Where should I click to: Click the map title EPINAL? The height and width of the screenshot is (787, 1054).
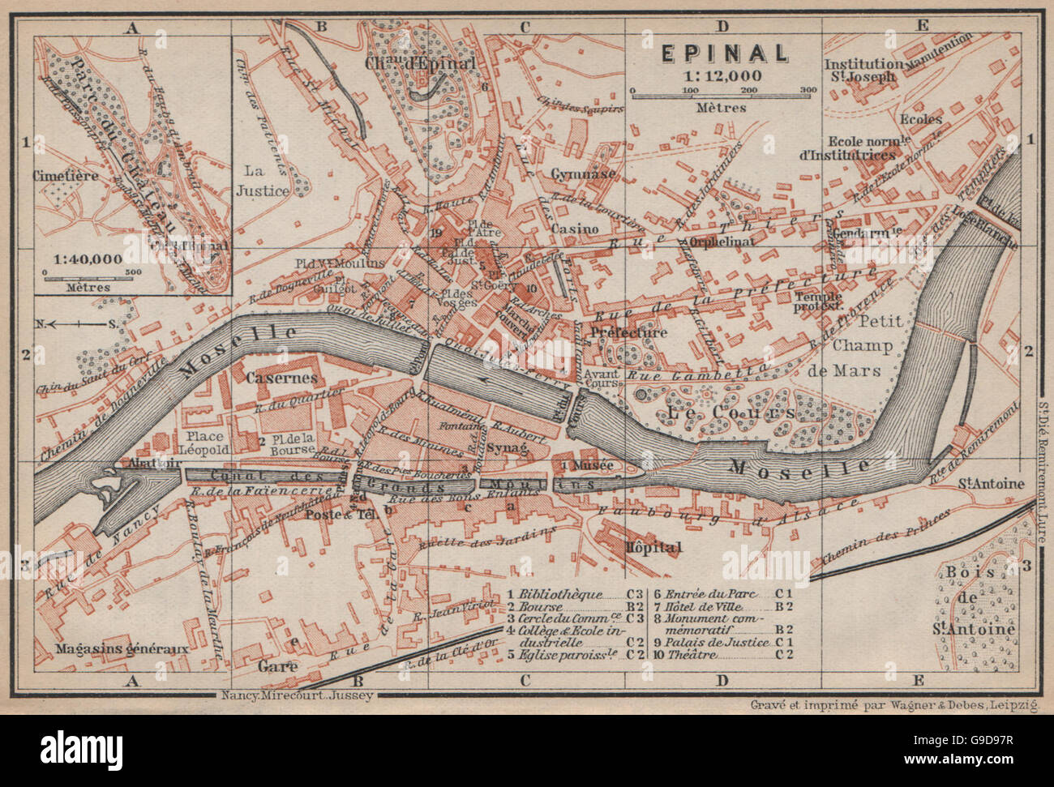(724, 53)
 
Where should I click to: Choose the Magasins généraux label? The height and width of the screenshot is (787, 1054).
(122, 648)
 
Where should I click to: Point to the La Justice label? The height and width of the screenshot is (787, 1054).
(261, 180)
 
